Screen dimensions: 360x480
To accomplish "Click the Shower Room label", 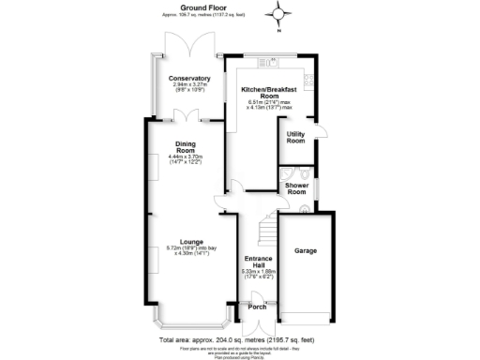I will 298,189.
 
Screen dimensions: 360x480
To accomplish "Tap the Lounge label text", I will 185,241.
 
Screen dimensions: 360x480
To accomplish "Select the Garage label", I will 307,251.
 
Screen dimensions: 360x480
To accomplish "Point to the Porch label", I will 256,306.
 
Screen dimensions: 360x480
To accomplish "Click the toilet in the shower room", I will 306,172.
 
